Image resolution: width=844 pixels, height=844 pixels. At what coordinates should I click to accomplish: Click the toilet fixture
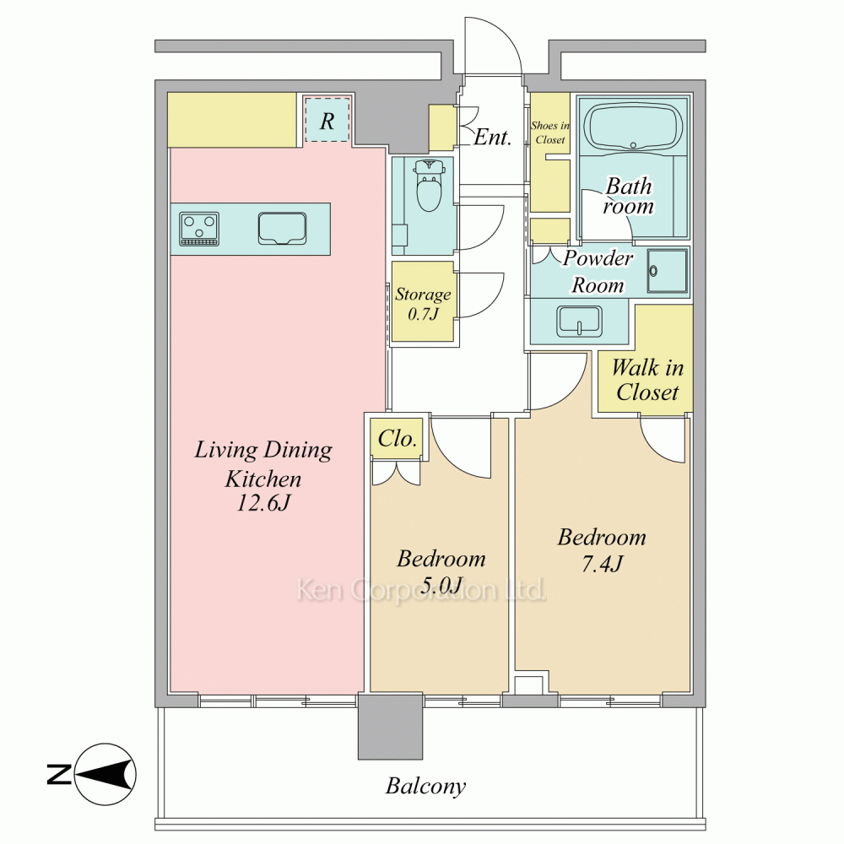pyautogui.click(x=429, y=185)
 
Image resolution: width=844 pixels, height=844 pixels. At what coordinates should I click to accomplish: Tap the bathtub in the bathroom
pyautogui.click(x=633, y=127)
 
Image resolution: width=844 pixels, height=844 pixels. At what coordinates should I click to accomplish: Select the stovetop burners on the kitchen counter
pyautogui.click(x=199, y=229)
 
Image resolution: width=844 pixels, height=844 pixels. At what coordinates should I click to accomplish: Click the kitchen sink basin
pyautogui.click(x=282, y=228)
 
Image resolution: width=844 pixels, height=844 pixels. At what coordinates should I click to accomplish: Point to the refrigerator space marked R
pyautogui.click(x=327, y=120)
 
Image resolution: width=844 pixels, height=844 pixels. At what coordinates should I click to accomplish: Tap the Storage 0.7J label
pyautogui.click(x=423, y=304)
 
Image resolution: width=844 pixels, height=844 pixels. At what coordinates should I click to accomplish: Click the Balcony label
pyautogui.click(x=425, y=787)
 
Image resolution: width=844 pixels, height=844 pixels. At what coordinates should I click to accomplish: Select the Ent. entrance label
pyautogui.click(x=493, y=138)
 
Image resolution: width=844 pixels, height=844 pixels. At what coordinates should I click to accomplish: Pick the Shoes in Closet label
pyautogui.click(x=550, y=133)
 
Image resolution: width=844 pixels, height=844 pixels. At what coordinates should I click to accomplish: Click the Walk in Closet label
pyautogui.click(x=647, y=380)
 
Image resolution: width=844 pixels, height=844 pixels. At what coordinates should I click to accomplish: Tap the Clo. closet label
pyautogui.click(x=398, y=439)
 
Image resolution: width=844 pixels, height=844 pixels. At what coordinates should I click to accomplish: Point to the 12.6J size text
pyautogui.click(x=263, y=503)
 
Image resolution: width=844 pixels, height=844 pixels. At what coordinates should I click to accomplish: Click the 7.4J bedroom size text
pyautogui.click(x=603, y=564)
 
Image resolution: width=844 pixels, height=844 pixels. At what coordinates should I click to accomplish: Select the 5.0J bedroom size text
pyautogui.click(x=441, y=585)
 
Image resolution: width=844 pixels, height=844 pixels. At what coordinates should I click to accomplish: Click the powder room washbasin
pyautogui.click(x=579, y=321)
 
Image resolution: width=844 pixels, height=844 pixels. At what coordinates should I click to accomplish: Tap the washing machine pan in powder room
pyautogui.click(x=668, y=271)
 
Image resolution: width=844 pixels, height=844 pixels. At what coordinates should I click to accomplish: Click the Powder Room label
pyautogui.click(x=598, y=272)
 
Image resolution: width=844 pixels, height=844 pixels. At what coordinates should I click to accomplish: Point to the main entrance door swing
pyautogui.click(x=494, y=46)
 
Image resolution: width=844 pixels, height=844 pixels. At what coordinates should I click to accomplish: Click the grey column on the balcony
pyautogui.click(x=390, y=727)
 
